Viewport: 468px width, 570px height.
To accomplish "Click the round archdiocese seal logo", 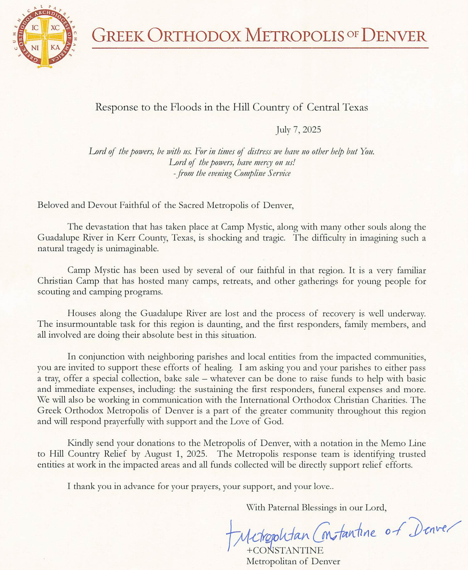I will (x=44, y=36).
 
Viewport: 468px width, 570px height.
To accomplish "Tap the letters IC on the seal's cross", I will (x=35, y=28).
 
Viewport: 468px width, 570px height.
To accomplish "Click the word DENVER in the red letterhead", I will (x=394, y=36).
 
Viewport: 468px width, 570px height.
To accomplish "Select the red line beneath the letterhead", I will (x=260, y=48).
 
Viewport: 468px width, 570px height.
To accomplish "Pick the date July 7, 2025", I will (x=299, y=130).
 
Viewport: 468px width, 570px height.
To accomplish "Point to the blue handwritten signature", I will (x=341, y=532).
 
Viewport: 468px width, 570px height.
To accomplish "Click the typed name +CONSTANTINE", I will (x=285, y=550).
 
